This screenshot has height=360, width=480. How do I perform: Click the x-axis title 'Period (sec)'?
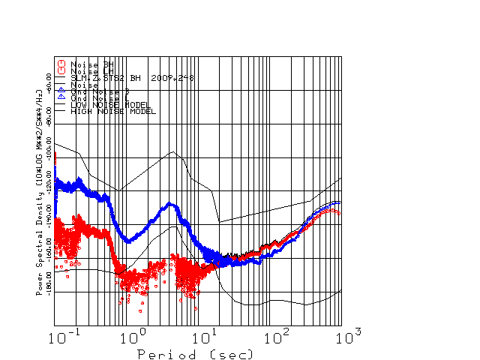[195, 353]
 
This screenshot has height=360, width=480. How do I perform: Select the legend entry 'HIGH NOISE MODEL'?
[112, 112]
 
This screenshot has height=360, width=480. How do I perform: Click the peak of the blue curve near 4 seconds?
[170, 203]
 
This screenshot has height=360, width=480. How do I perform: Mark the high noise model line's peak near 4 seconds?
[174, 151]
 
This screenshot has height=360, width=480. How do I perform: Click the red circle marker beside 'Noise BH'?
[62, 64]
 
